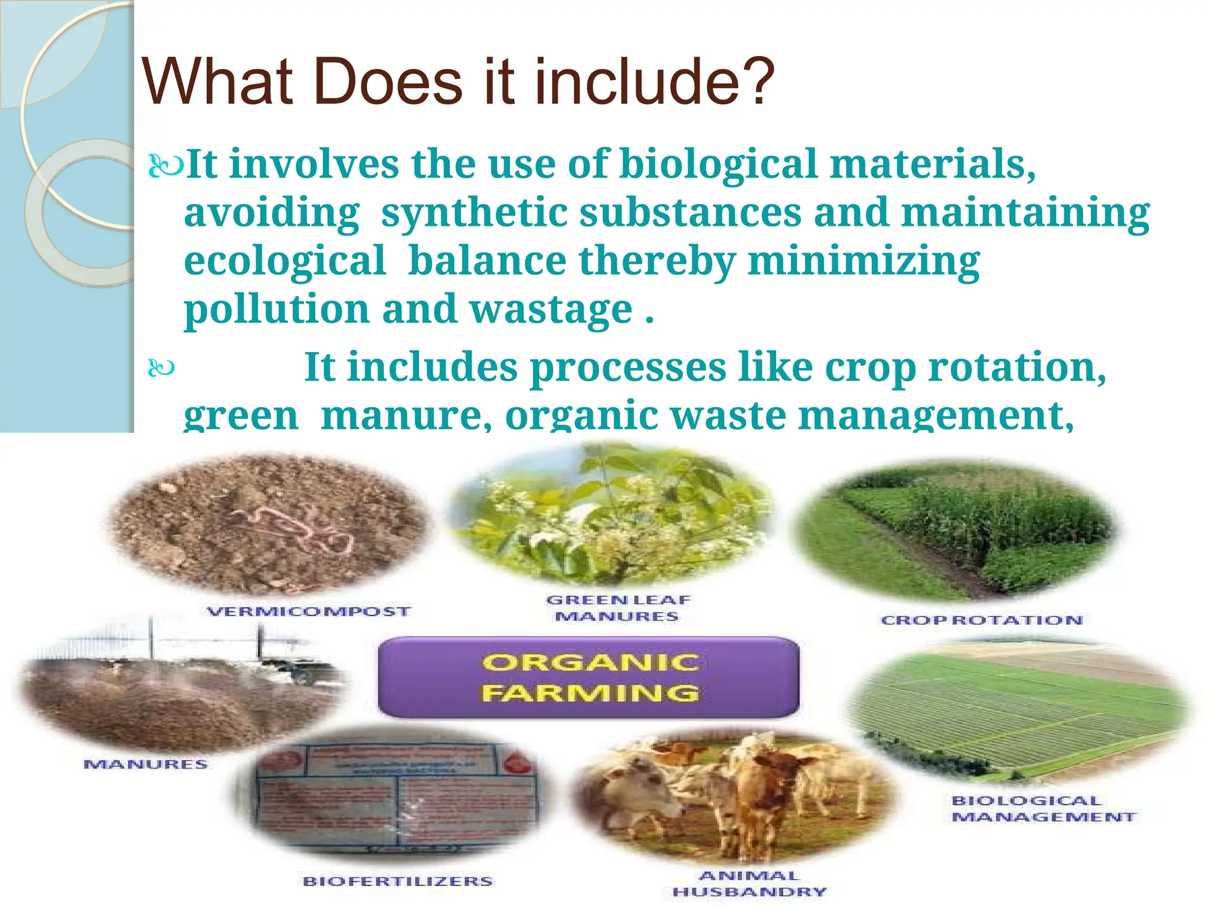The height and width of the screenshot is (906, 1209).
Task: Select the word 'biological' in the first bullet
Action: click(x=718, y=164)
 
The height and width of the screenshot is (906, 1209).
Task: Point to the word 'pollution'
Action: click(x=276, y=310)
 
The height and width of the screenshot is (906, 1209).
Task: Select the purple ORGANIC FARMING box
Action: click(x=589, y=677)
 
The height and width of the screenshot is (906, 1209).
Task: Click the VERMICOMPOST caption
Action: click(x=308, y=612)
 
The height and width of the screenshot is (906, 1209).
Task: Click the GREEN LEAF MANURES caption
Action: click(x=617, y=608)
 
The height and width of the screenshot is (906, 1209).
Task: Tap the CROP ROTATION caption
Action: click(x=982, y=621)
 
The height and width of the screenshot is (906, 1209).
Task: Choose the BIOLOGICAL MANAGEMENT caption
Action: click(x=1042, y=809)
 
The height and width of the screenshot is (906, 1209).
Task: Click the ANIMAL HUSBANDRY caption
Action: click(x=749, y=884)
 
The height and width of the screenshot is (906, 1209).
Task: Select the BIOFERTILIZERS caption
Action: click(x=397, y=881)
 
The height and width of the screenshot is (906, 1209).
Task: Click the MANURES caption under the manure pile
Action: click(x=145, y=764)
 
